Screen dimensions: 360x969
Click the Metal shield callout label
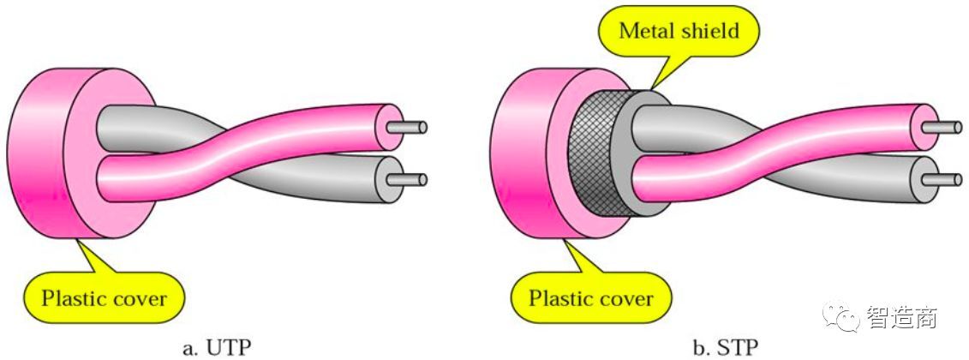678,32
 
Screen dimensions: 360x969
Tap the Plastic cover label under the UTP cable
104,298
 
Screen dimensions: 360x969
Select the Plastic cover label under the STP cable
590,298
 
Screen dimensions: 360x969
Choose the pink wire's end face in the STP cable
923,127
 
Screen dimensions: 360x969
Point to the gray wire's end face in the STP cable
923,178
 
